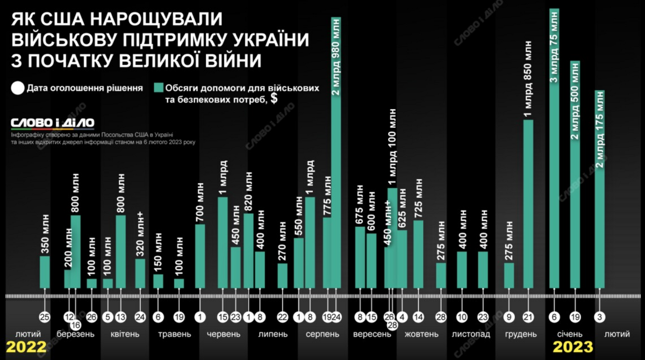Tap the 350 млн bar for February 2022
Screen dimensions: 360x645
click(x=45, y=272)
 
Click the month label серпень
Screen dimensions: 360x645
click(x=322, y=334)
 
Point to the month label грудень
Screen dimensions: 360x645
click(x=521, y=334)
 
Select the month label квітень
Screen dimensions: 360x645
click(x=125, y=334)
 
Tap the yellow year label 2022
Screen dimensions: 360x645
click(x=25, y=347)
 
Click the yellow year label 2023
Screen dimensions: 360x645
click(x=574, y=347)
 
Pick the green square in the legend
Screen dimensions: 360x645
click(x=158, y=88)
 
